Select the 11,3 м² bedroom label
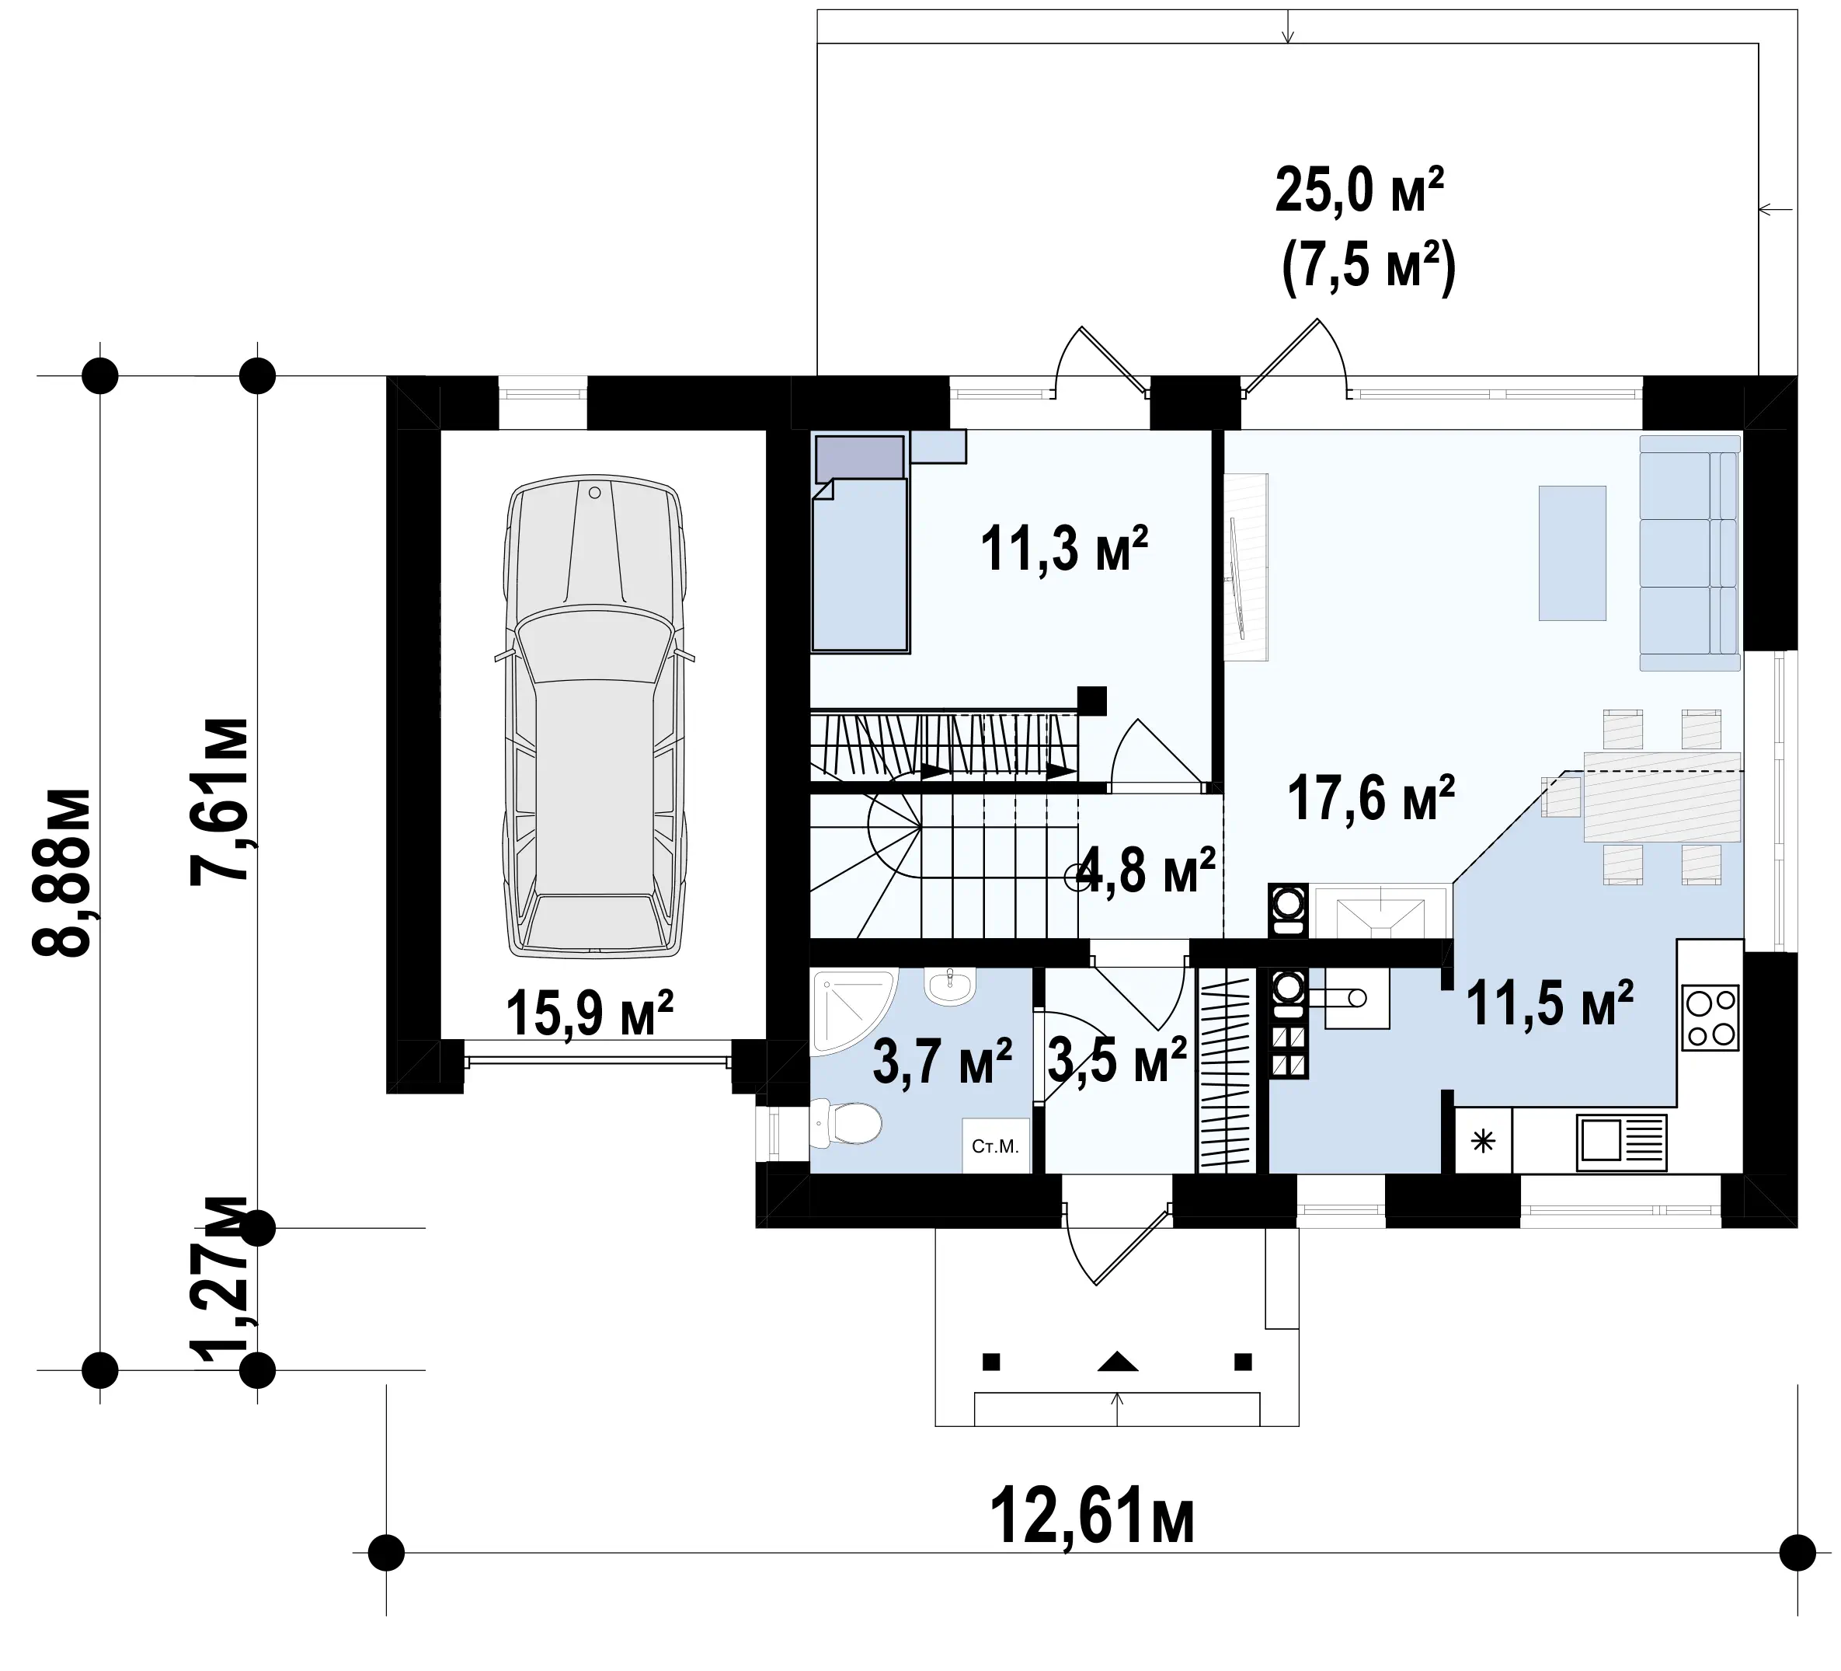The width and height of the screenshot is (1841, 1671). (x=1064, y=548)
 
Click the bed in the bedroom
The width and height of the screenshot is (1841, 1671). (x=860, y=543)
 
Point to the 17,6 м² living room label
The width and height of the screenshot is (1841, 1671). (x=1371, y=797)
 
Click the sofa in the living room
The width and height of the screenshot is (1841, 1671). (x=1690, y=553)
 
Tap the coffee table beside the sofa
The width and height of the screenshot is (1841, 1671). (x=1572, y=553)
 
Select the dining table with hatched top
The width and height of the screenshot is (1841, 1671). (x=1662, y=797)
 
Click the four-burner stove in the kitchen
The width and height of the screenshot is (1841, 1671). (x=1710, y=1018)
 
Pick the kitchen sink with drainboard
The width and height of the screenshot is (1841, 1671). (x=1621, y=1142)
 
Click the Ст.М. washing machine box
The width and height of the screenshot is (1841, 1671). (x=995, y=1146)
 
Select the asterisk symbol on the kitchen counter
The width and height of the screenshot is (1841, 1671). (x=1483, y=1141)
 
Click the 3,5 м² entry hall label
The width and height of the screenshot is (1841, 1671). (x=1117, y=1060)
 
